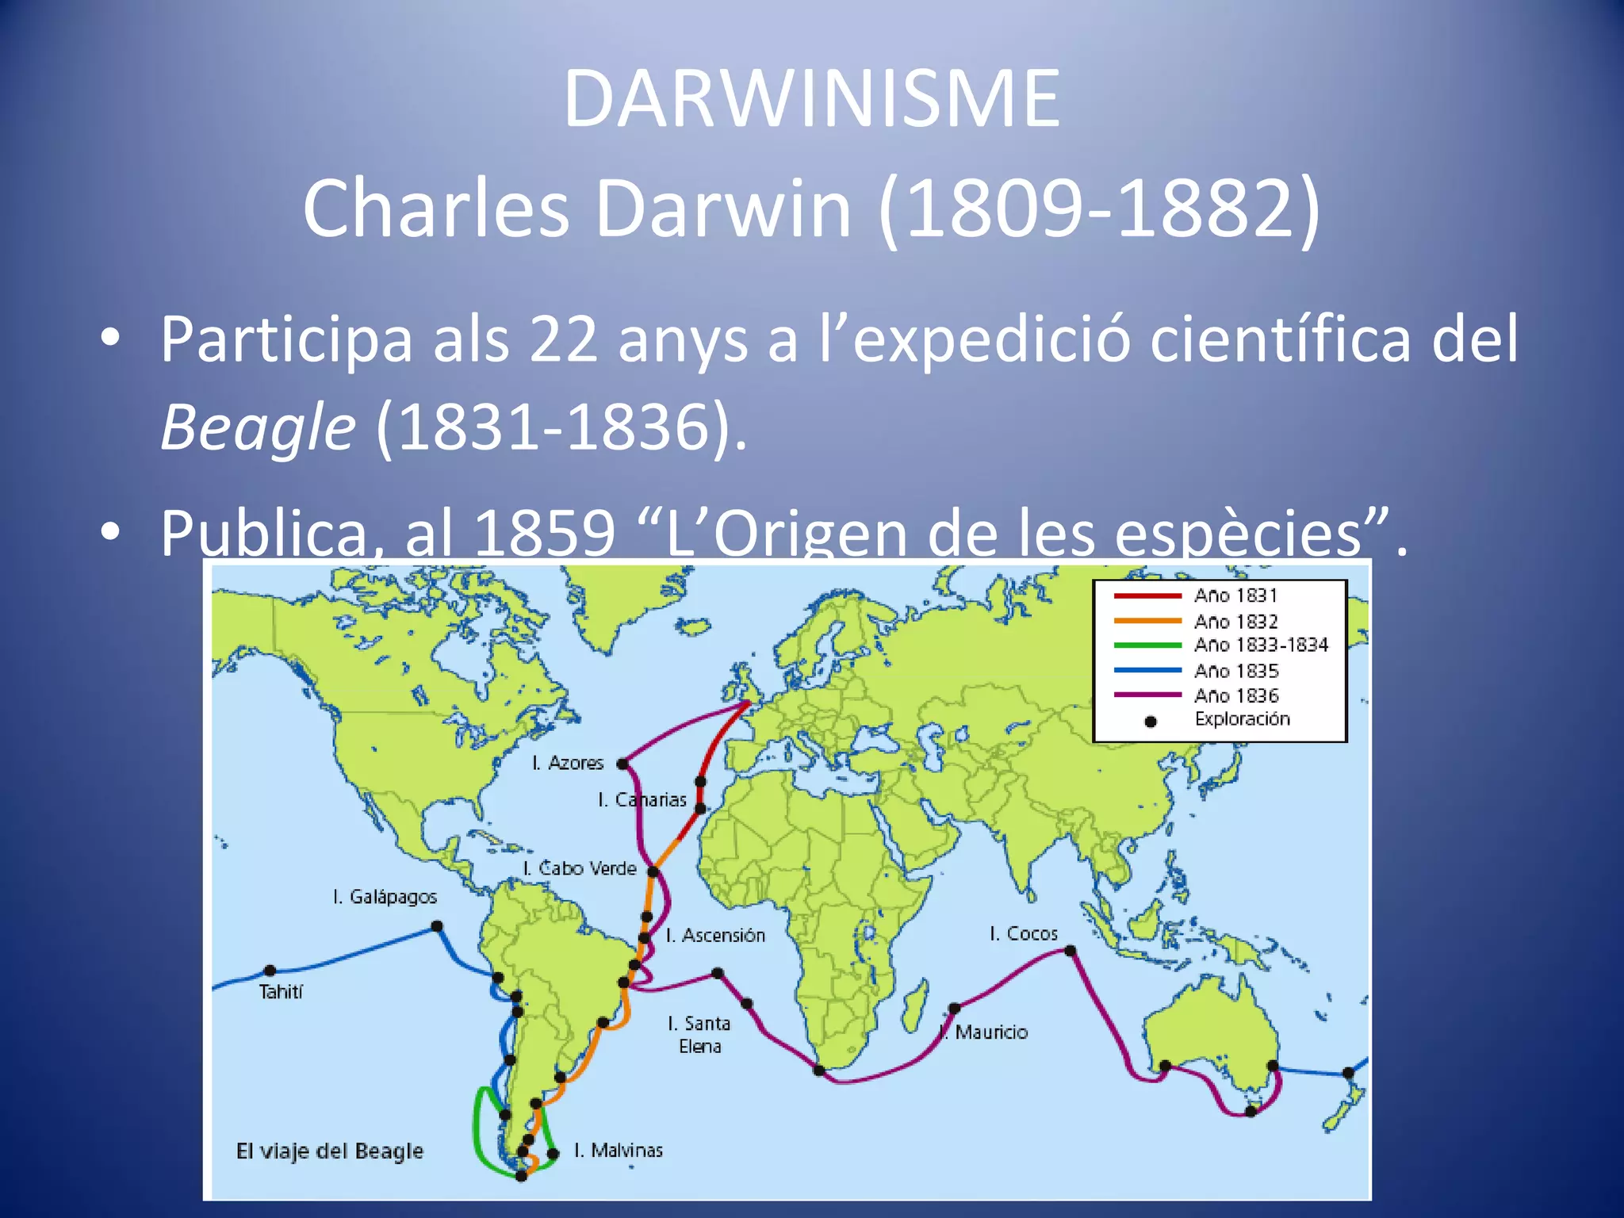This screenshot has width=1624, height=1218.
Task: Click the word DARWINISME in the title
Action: click(811, 99)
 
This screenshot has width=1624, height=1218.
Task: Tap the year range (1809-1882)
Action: click(1099, 209)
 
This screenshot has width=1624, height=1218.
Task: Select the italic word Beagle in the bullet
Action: click(258, 427)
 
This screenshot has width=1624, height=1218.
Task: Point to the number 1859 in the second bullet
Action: click(544, 533)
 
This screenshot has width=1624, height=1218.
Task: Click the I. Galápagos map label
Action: click(385, 897)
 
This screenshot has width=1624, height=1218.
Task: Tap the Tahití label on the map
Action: click(281, 992)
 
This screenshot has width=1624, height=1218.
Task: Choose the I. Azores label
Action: click(568, 763)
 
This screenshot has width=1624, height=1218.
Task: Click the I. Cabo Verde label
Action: click(580, 868)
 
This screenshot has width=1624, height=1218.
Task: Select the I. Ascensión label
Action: click(715, 936)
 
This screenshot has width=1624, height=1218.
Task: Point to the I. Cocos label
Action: click(1023, 933)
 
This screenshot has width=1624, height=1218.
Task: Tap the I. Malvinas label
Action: click(619, 1150)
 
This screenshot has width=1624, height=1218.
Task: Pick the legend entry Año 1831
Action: click(1235, 596)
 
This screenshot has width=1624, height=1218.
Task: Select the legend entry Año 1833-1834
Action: click(1261, 645)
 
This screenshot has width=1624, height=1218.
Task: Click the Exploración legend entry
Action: click(1242, 719)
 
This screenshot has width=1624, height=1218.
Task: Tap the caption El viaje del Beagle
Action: click(330, 1151)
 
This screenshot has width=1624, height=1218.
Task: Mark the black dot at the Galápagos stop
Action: click(437, 926)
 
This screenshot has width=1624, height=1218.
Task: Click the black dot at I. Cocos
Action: click(1071, 950)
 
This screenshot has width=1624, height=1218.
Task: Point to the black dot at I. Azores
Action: click(622, 764)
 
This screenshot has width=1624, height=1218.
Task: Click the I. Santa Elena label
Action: click(699, 1035)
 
